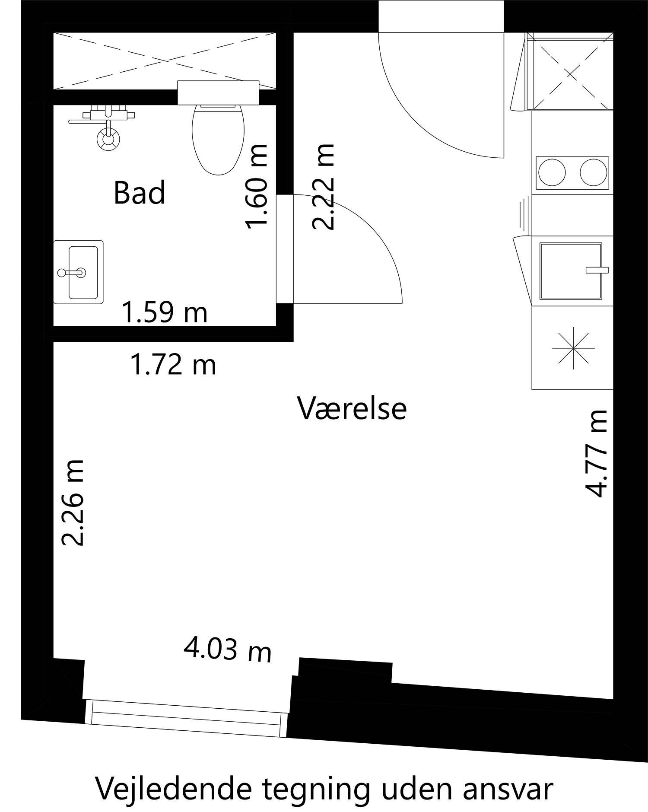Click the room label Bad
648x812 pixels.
pos(140,193)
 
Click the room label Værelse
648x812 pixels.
pos(352,408)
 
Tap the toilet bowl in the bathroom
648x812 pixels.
pos(218,140)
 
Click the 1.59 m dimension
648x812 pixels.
pos(165,312)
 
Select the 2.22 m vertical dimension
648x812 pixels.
pos(323,187)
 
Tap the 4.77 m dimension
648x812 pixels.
pos(596,453)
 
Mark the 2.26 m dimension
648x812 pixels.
pos(72,503)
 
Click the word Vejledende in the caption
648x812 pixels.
pos(166,788)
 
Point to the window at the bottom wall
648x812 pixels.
pos(186,719)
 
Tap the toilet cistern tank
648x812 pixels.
pos(218,92)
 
